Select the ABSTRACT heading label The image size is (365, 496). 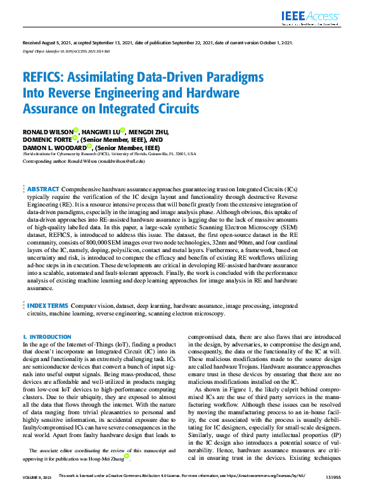coord(44,189)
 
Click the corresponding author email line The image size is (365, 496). coord(79,161)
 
